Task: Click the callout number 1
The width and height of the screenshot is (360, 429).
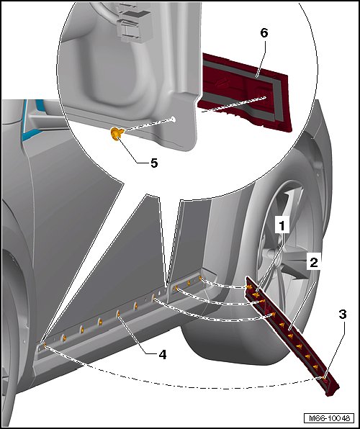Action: click(282, 226)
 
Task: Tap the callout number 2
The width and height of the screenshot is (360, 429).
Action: click(313, 263)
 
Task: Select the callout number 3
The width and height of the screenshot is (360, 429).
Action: click(343, 315)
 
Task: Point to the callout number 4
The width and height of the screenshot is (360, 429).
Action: click(162, 355)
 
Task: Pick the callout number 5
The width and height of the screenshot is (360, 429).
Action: click(154, 163)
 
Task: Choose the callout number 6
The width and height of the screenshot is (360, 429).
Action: click(264, 33)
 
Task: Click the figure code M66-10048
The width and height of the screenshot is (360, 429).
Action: click(328, 418)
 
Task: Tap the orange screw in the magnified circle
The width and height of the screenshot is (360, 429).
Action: click(117, 134)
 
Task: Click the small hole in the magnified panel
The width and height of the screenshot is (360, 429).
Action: click(173, 119)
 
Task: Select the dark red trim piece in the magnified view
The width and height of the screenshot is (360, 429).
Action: click(245, 91)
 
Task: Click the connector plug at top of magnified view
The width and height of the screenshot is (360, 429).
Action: click(132, 23)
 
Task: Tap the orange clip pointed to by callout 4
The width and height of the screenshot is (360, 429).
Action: click(118, 314)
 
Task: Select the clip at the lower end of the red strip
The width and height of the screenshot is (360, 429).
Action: click(323, 378)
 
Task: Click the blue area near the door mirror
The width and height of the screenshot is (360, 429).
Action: click(32, 120)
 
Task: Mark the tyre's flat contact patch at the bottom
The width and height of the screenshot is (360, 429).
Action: click(233, 353)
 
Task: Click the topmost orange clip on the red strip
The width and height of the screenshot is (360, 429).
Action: click(249, 286)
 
